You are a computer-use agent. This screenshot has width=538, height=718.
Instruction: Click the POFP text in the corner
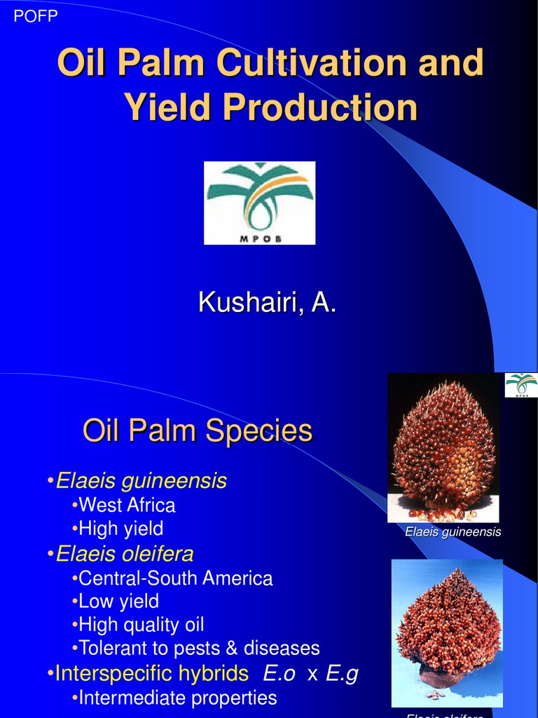click(x=36, y=15)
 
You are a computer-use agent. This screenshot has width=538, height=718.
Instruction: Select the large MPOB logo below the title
click(x=259, y=203)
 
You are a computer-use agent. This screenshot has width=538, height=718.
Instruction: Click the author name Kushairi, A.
click(x=268, y=303)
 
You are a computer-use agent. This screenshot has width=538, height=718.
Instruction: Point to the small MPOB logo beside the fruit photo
click(x=521, y=385)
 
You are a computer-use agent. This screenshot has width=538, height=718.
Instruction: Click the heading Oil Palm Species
click(x=198, y=430)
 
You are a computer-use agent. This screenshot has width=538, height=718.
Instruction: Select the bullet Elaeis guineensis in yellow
click(x=140, y=481)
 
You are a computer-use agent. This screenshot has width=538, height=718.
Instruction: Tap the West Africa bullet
click(x=126, y=505)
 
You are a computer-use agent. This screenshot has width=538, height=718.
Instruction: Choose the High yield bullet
click(x=120, y=528)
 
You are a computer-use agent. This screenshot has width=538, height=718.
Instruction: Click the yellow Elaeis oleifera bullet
click(x=124, y=554)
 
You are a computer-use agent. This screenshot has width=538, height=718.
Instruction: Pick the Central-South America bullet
click(x=175, y=578)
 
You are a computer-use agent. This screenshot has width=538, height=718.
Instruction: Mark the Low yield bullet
click(x=118, y=602)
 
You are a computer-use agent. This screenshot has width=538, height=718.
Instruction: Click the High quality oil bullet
click(x=141, y=625)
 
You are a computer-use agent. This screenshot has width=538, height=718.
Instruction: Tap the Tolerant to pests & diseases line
click(x=198, y=648)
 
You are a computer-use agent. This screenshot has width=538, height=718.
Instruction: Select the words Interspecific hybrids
click(x=151, y=674)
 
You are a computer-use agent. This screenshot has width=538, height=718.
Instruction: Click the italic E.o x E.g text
click(x=310, y=674)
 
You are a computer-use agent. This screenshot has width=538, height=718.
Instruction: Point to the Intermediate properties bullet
click(x=177, y=698)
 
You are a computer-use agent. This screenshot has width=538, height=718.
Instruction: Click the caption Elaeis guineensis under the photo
click(x=453, y=532)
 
